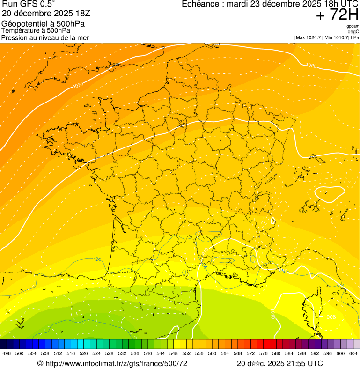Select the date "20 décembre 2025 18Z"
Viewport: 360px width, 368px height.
[46, 13]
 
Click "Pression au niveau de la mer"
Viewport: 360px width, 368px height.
[45, 37]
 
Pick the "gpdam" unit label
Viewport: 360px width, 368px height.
[353, 26]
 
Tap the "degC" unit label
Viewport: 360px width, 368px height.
[353, 31]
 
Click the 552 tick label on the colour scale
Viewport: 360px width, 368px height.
[186, 353]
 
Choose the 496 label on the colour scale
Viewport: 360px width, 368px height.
[7, 353]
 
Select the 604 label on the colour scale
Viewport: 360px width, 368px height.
[353, 353]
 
